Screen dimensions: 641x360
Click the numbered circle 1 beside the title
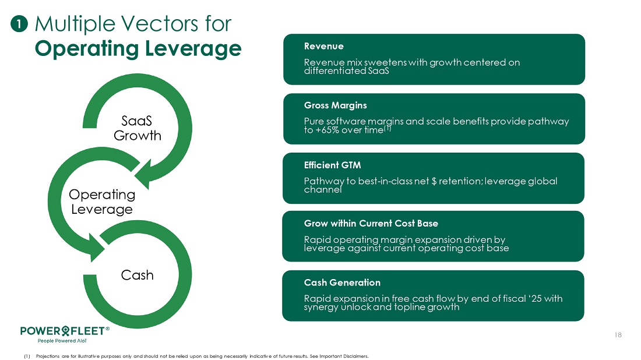click(x=19, y=24)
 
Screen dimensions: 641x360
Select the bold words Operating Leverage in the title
click(x=138, y=48)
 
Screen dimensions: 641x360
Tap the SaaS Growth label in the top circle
click(x=137, y=128)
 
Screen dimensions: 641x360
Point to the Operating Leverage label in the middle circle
click(x=102, y=202)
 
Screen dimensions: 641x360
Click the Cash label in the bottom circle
click(x=137, y=275)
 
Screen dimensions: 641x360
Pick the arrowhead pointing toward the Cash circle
click(x=97, y=246)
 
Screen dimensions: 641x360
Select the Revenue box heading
click(x=324, y=46)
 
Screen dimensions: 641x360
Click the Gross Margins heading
click(x=335, y=105)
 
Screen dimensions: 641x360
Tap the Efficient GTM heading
click(x=332, y=165)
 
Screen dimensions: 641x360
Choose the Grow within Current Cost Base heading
click(x=371, y=224)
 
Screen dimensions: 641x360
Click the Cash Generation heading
click(x=342, y=283)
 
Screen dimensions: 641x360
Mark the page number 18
click(x=618, y=335)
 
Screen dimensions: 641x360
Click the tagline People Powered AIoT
click(x=62, y=340)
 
